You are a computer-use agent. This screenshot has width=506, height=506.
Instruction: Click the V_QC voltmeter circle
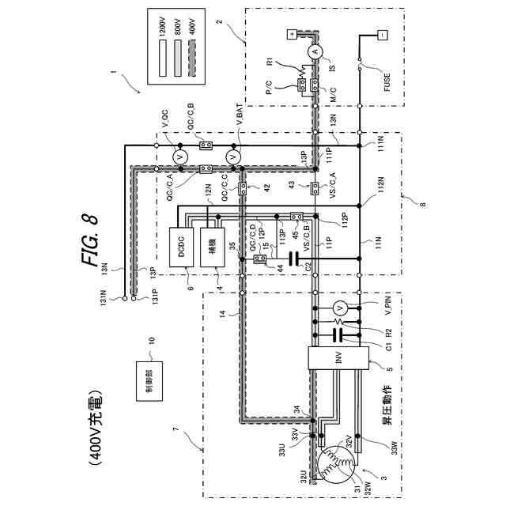(x=179, y=157)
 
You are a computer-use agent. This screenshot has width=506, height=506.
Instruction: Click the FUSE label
(x=388, y=77)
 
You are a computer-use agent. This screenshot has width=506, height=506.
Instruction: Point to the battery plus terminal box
(x=290, y=35)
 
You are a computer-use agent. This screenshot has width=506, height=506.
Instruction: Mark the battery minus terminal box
(x=382, y=35)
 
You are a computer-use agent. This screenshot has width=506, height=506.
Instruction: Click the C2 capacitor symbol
(x=295, y=258)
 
